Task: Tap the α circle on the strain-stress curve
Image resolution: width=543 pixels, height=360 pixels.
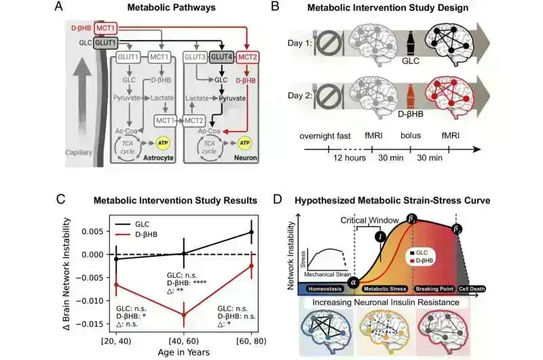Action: click(x=352, y=281)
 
